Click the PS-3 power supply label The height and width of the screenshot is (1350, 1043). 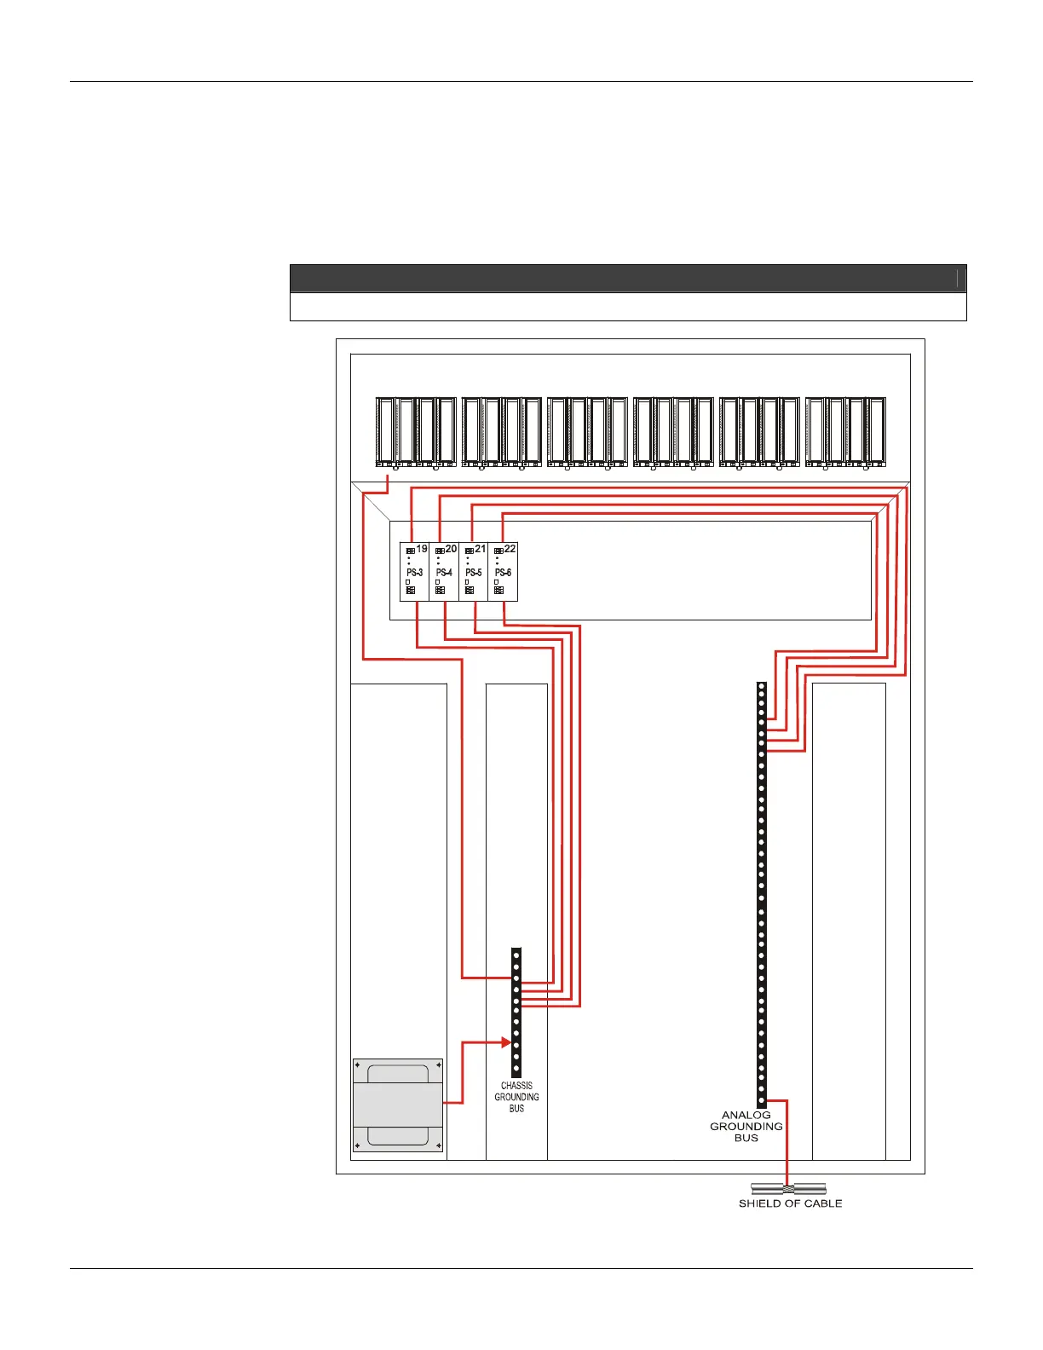click(414, 573)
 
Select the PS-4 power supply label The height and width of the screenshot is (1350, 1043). click(444, 573)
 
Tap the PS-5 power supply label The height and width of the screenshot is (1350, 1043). click(474, 573)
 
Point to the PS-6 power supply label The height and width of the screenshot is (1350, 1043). click(503, 573)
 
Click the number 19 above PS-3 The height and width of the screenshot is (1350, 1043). click(422, 549)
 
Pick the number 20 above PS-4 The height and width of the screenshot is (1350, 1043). click(452, 549)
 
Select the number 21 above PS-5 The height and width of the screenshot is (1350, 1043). click(481, 549)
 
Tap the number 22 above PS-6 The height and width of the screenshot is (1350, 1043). click(510, 549)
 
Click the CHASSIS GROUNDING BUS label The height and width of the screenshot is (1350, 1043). click(516, 1097)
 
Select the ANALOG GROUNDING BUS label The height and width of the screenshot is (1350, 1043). click(746, 1126)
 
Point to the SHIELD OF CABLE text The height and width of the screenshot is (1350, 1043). click(790, 1203)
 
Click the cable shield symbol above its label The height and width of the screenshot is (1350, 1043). click(788, 1189)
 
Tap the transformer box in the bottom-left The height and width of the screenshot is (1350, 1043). click(398, 1105)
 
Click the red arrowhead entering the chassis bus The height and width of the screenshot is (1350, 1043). click(505, 1041)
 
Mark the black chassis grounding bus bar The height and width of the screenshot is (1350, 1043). click(516, 1012)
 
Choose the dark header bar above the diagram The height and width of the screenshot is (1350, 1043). click(628, 279)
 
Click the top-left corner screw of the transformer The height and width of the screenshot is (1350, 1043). click(357, 1064)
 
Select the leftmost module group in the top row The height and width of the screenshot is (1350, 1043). click(415, 432)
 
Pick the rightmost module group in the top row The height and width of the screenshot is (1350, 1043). click(845, 432)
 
